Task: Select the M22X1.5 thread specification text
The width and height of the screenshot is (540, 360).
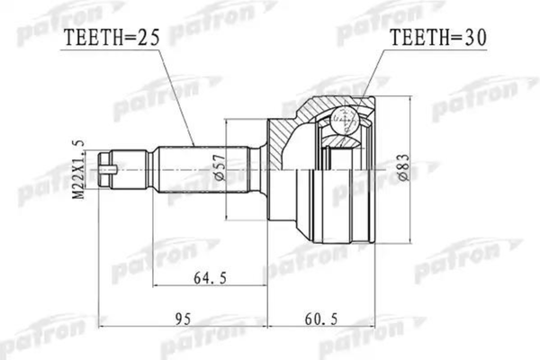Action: tap(78, 169)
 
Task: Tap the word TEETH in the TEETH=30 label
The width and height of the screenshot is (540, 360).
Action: tap(416, 38)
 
